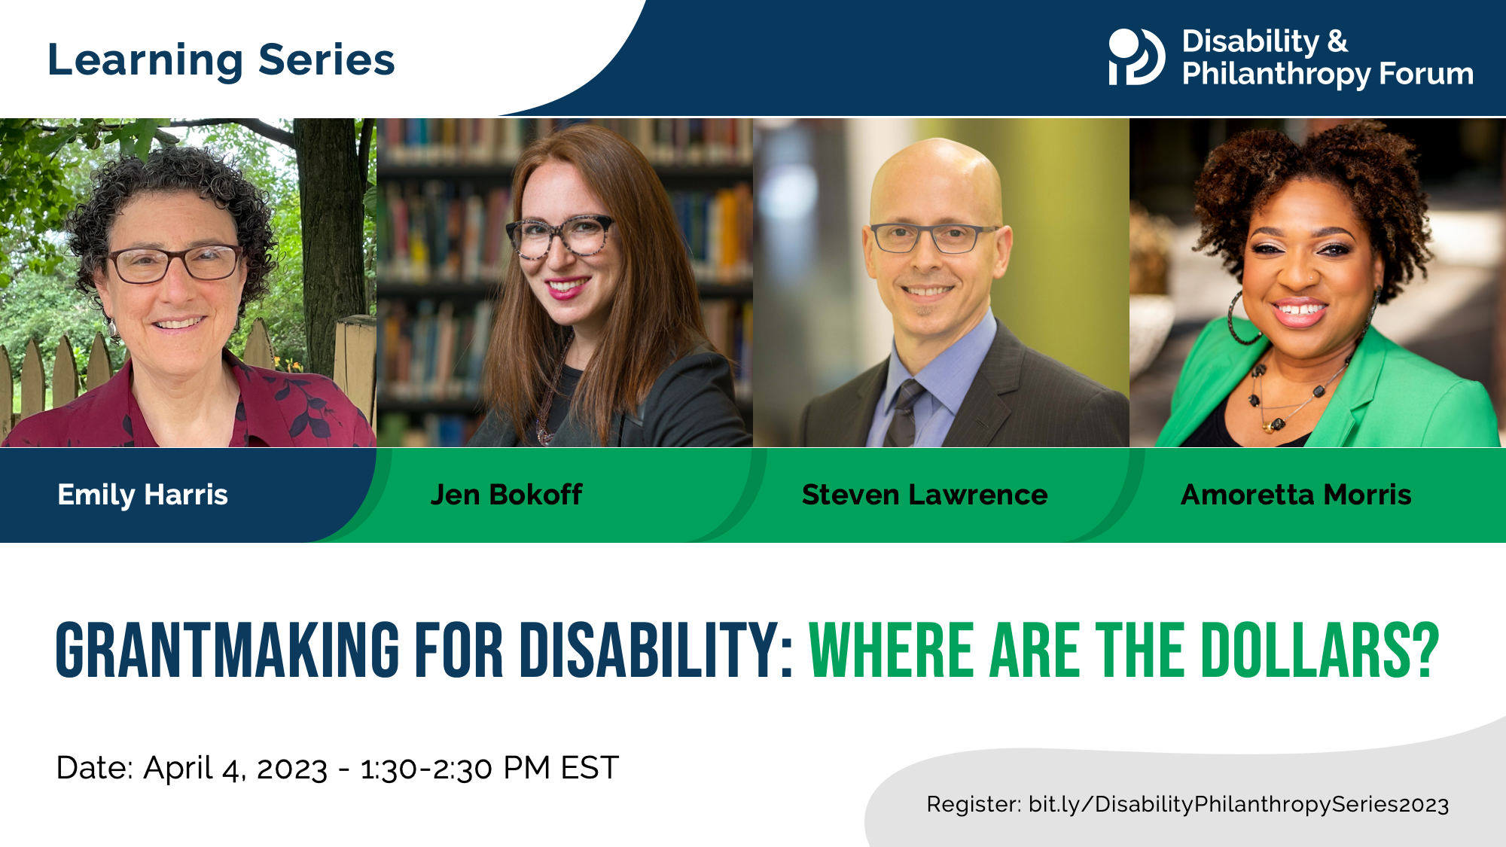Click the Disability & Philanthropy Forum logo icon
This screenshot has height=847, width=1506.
[1136, 56]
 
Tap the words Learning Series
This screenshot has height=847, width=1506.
[221, 59]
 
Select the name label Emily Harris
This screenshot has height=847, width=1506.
[142, 495]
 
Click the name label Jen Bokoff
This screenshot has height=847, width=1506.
[506, 495]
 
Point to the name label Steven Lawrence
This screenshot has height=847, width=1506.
[924, 495]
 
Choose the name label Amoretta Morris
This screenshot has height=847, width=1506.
[1296, 495]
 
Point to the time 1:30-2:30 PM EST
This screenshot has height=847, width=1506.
[489, 768]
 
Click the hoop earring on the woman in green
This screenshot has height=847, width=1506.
[1242, 320]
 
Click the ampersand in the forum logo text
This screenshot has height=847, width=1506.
[1337, 41]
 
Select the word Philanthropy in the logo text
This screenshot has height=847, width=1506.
[1276, 74]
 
